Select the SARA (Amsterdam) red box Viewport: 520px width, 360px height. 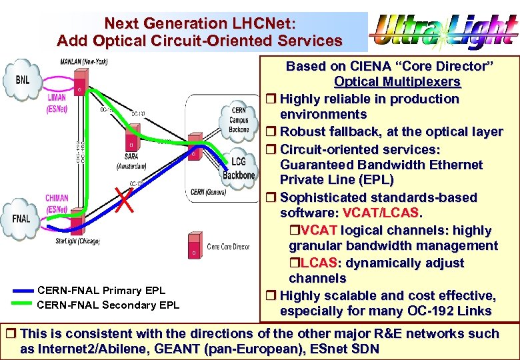tap(131, 144)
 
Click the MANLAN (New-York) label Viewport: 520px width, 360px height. tap(84, 62)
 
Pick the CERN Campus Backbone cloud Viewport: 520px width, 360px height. tap(239, 120)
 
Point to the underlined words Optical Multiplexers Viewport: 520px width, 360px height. tap(397, 82)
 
